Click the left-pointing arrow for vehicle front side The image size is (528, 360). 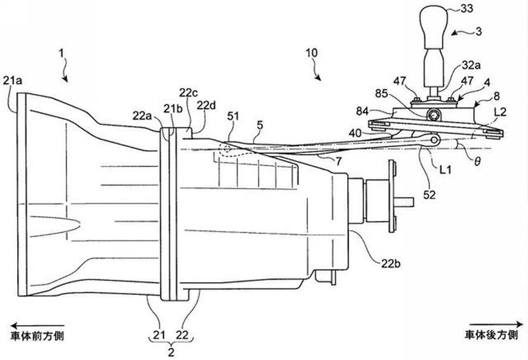click(x=37, y=325)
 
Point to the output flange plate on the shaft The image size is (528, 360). click(x=391, y=196)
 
